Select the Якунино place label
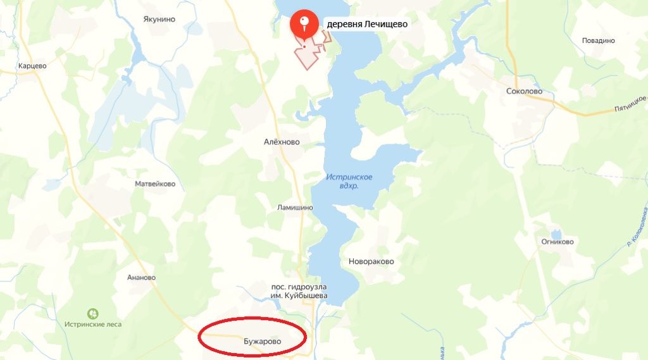point(159,19)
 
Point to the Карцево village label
point(33,65)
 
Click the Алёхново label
point(282,142)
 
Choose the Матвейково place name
point(155,184)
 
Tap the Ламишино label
point(295,207)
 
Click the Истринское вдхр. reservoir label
point(349,182)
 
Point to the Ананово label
point(141,277)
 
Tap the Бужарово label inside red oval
point(262,342)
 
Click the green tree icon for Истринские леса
point(93,313)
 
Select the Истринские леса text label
point(93,325)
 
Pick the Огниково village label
point(558,242)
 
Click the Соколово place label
point(525,91)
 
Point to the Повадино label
point(598,40)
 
